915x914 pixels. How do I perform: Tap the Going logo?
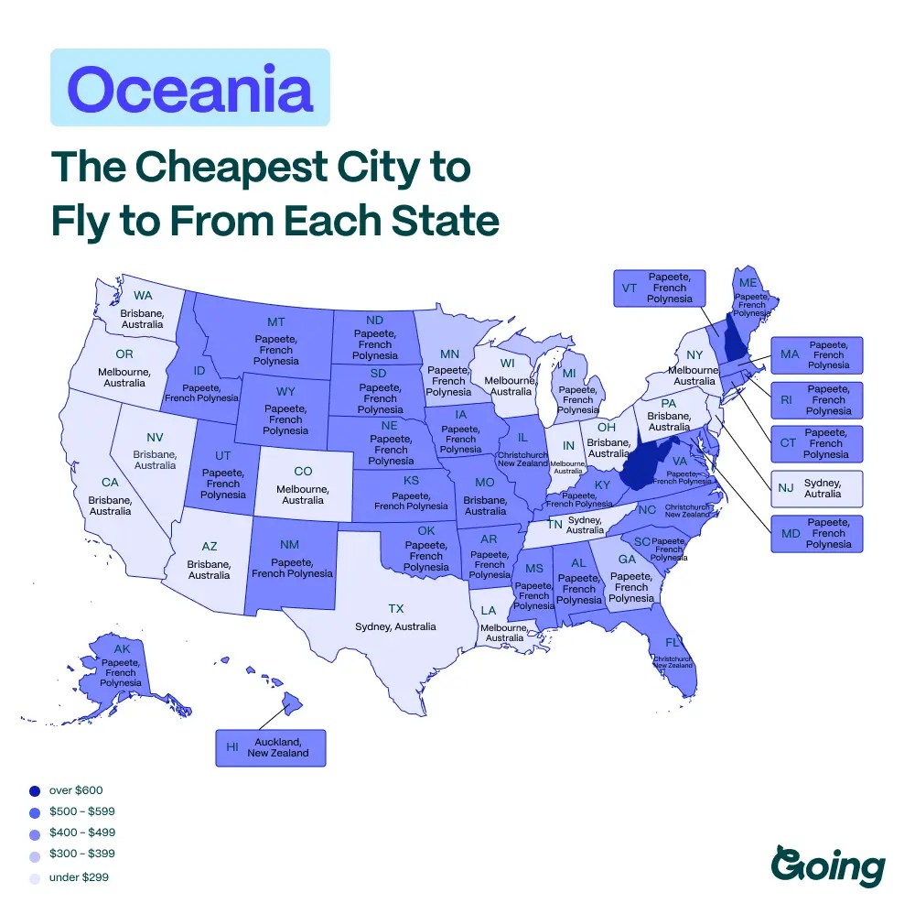coord(828,865)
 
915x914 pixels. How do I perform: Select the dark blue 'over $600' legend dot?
coord(35,790)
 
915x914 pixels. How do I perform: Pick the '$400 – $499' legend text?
coord(81,832)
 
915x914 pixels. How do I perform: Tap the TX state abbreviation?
coord(395,608)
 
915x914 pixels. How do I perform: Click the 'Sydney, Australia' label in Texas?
coord(395,626)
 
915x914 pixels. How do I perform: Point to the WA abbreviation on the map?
coord(143,295)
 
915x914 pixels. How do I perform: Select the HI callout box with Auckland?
coord(270,747)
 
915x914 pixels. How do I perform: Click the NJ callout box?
coord(816,488)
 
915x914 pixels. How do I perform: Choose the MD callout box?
coord(816,533)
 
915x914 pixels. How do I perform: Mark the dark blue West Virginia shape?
coord(648,462)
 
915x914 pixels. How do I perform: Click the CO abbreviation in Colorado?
coord(303,471)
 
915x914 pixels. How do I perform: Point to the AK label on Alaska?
coord(122,647)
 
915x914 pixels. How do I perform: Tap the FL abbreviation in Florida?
coord(673,641)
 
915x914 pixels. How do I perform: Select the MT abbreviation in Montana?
coord(276,321)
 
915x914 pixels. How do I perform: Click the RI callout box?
coord(816,399)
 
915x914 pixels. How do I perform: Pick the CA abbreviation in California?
coord(110,482)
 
